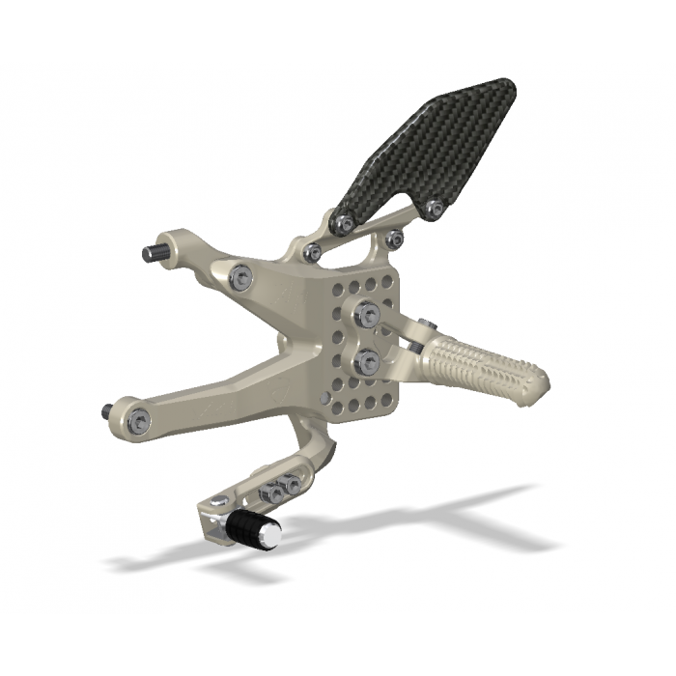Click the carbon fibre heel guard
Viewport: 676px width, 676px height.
pyautogui.click(x=425, y=155)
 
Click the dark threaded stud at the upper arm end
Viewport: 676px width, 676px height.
pyautogui.click(x=152, y=253)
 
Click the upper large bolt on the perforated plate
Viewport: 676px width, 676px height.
pyautogui.click(x=367, y=312)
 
